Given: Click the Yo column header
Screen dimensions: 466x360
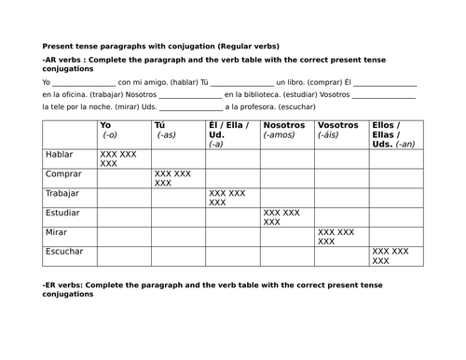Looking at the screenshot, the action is point(104,125).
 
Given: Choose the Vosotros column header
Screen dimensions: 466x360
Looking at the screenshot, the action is point(337,125).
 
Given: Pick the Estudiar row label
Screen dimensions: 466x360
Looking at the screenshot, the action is point(63,213).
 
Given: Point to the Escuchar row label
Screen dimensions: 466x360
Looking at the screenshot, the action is point(64,252).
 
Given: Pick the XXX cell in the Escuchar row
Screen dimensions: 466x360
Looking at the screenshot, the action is point(391,256).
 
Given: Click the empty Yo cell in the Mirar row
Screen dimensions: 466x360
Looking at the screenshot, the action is point(122,236).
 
